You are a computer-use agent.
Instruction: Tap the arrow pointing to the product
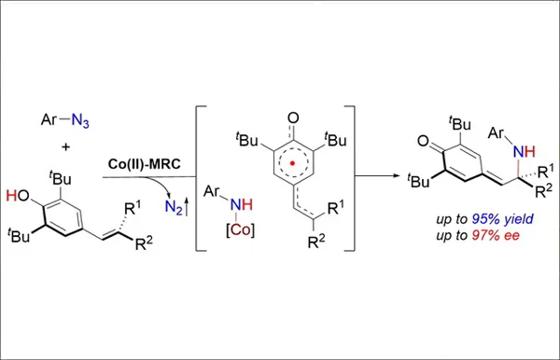coord(378,174)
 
